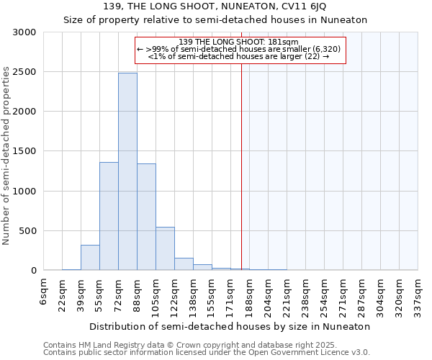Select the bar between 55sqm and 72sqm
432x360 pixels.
pos(109,216)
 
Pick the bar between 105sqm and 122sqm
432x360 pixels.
pos(165,248)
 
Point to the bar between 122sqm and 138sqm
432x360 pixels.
pos(184,264)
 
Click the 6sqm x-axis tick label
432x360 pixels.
pos(44,292)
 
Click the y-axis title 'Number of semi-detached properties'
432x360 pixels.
pos(7,156)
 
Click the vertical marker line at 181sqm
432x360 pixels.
pos(241,166)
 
